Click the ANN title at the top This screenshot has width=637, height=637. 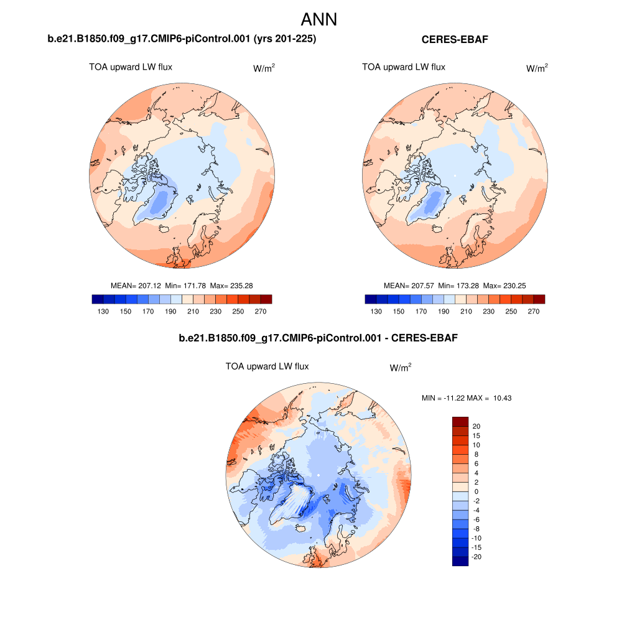point(318,19)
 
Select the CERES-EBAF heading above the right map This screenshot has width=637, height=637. point(455,40)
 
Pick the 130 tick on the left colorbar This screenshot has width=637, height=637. point(103,312)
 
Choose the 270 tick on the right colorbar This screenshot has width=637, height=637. point(533,312)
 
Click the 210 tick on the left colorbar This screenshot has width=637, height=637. point(193,312)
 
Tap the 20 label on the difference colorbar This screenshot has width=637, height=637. point(477,426)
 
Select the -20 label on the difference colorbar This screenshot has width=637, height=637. point(477,557)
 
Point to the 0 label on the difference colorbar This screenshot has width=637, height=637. point(476,491)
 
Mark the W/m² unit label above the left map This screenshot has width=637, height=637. point(264,68)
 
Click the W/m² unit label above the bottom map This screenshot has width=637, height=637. point(401,368)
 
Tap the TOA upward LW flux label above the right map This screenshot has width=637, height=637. point(404,67)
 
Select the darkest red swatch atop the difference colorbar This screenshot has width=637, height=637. point(460,421)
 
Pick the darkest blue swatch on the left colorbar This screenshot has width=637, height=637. point(97,299)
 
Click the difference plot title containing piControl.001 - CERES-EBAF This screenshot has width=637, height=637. point(318,338)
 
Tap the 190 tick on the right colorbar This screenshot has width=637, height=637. point(444,312)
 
